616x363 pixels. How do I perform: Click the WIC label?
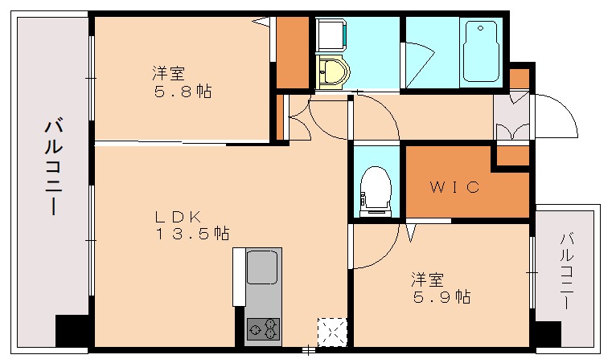click(x=454, y=188)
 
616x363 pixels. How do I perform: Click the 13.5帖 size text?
click(x=192, y=234)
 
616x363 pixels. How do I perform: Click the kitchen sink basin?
click(x=262, y=267)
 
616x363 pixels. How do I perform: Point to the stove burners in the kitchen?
click(x=263, y=328)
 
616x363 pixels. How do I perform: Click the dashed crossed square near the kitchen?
click(x=331, y=332)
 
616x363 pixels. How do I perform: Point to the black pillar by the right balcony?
click(x=548, y=332)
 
